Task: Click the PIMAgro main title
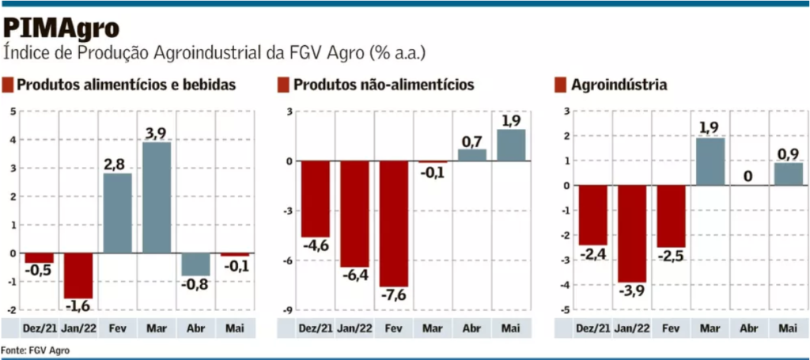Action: pos(62,28)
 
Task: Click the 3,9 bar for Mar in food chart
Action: pos(157,198)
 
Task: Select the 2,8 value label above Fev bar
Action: pos(117,163)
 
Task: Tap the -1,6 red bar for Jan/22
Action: pos(78,275)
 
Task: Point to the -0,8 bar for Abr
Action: pos(195,264)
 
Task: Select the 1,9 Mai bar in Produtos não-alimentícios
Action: pos(511,146)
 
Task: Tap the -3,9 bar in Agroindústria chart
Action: pos(631,233)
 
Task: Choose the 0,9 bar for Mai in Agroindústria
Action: pos(788,174)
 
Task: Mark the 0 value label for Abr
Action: pos(748,176)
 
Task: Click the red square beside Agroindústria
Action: pos(561,85)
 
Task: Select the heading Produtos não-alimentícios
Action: pos(383,85)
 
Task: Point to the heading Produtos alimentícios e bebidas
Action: pos(126,85)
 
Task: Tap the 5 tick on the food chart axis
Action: pos(13,112)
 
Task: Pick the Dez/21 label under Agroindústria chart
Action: pos(592,328)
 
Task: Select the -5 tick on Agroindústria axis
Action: pos(566,309)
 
